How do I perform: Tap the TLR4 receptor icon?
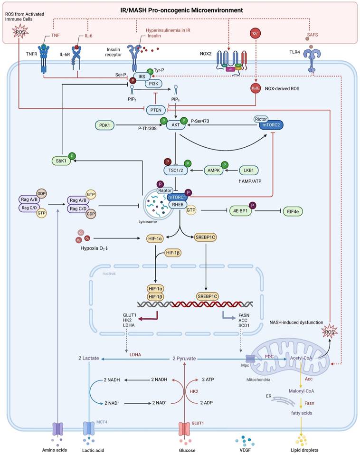tap(310, 61)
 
